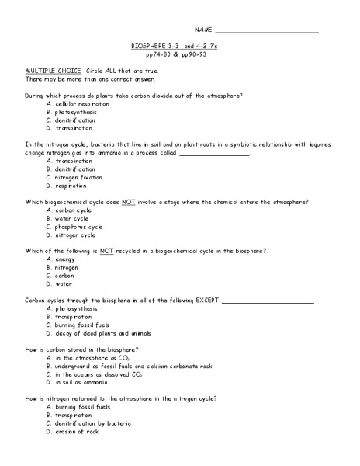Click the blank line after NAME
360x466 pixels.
(x=265, y=31)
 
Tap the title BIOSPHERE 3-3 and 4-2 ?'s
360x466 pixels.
(x=178, y=47)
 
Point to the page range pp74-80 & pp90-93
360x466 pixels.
(x=178, y=55)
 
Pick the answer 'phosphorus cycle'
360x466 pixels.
(x=78, y=227)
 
